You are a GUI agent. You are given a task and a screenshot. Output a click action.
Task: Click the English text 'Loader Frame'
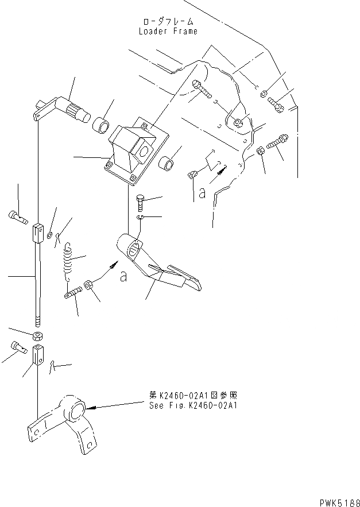(168, 31)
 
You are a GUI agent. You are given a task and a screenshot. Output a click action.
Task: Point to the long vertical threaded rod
(37, 281)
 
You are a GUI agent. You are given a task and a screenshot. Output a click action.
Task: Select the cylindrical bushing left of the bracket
(101, 125)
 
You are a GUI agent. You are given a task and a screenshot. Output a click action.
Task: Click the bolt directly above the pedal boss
(141, 203)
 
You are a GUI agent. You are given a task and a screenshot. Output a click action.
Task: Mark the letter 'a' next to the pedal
(122, 276)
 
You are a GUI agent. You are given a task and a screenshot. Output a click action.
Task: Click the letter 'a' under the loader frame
(202, 194)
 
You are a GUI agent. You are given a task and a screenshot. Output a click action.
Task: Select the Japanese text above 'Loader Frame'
(168, 22)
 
